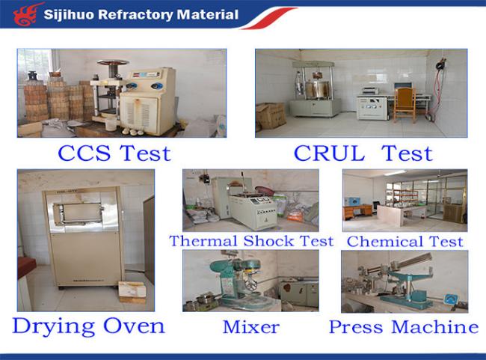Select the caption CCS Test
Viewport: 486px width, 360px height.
(x=114, y=153)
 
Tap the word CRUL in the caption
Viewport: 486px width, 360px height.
(x=328, y=153)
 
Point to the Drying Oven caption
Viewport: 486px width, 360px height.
(x=89, y=326)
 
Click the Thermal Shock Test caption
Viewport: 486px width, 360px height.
(x=251, y=241)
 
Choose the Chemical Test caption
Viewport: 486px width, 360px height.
(x=405, y=242)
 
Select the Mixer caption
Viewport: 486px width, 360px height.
(x=251, y=327)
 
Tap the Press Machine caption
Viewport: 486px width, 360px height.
(x=404, y=327)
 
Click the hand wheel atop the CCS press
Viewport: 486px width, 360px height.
(x=112, y=63)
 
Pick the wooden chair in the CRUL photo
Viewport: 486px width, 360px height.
(x=405, y=105)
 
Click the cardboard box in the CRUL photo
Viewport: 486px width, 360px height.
(x=270, y=115)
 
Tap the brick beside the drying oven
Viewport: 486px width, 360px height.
(x=132, y=292)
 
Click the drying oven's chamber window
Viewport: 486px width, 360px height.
(x=78, y=213)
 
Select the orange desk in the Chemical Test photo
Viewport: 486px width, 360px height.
(x=357, y=212)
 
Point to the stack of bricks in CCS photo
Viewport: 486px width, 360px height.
(x=55, y=99)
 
